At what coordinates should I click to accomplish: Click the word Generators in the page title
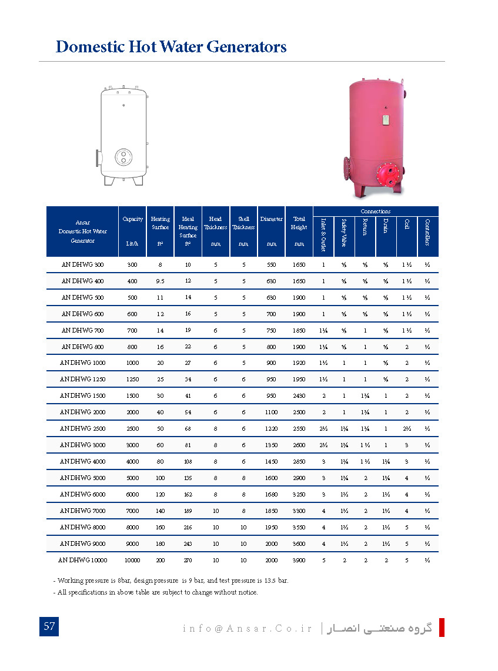point(243,47)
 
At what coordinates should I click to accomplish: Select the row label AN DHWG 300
point(82,265)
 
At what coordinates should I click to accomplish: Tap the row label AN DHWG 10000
point(82,560)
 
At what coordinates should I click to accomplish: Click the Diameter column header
point(271,219)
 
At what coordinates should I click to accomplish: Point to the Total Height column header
point(299,223)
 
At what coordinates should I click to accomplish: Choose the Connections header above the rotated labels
point(376,211)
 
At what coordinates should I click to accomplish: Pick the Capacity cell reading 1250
point(132,380)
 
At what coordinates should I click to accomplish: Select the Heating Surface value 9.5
point(160,281)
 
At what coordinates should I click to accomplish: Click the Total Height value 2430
point(299,396)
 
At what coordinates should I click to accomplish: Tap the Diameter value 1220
point(271,429)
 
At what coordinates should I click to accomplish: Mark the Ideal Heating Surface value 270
point(188,560)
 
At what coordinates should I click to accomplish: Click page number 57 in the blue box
point(49,626)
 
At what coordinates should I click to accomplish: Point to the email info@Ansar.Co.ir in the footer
point(248,628)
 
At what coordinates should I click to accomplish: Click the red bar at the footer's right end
point(442,627)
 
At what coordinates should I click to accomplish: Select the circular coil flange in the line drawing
point(124,157)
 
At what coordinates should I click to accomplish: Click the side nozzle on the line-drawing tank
point(96,158)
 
